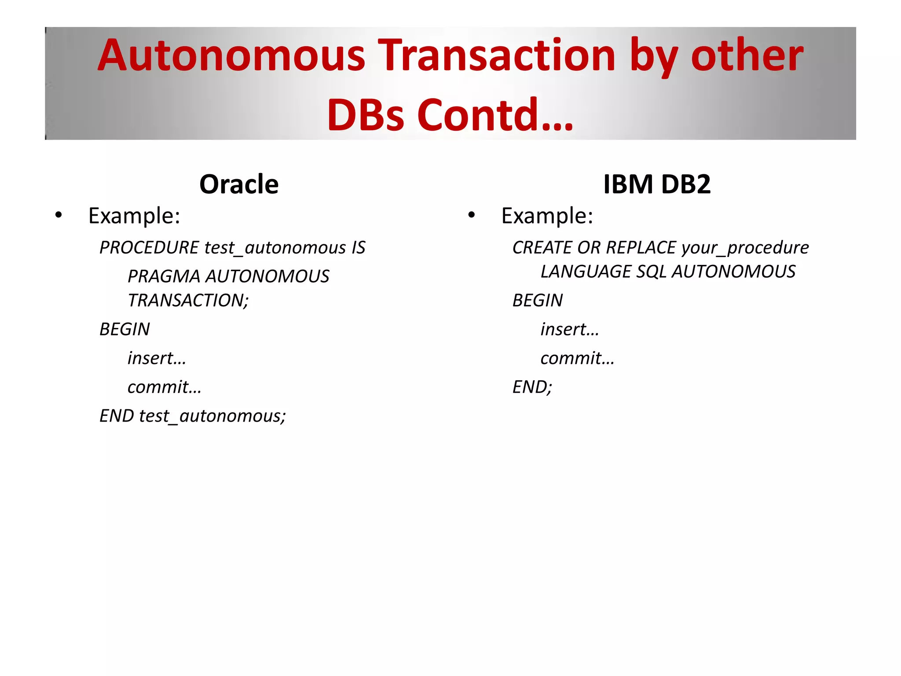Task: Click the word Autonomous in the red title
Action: click(231, 56)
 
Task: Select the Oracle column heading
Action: click(239, 184)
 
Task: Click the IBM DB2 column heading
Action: click(656, 184)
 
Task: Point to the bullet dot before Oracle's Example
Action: click(59, 215)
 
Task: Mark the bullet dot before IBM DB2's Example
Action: click(472, 215)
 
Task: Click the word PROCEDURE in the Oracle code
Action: click(150, 248)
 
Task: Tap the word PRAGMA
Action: click(164, 276)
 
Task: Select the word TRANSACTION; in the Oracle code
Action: click(188, 301)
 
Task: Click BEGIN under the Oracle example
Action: click(125, 329)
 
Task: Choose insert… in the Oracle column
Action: click(157, 358)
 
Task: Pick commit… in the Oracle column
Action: click(164, 387)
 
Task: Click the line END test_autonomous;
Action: click(193, 416)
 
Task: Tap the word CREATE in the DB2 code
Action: click(542, 248)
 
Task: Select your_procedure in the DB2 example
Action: click(745, 248)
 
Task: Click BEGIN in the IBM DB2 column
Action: click(538, 301)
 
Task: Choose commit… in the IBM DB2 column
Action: click(577, 358)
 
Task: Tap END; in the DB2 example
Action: click(532, 387)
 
